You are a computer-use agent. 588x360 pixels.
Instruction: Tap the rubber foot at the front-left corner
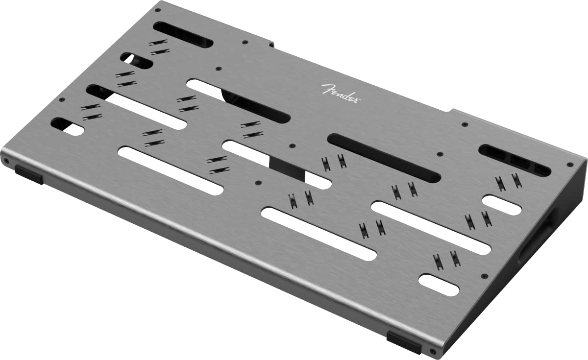tap(28, 173)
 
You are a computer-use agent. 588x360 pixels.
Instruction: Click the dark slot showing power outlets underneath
tap(514, 160)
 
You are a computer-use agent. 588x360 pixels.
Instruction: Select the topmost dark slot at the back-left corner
tap(182, 34)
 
